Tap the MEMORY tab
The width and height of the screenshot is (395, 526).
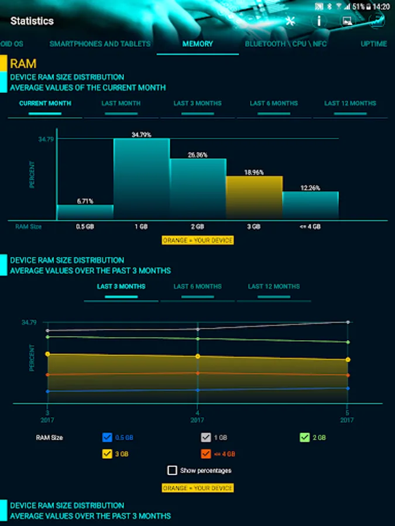[197, 44]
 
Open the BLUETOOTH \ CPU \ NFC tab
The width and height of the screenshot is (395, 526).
[286, 44]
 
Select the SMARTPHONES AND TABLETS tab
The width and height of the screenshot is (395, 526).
[100, 44]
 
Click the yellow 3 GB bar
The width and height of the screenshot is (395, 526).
[254, 198]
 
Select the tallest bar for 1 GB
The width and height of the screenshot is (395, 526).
[141, 179]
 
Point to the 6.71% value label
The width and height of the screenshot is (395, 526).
[85, 201]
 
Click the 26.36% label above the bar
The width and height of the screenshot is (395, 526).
[198, 155]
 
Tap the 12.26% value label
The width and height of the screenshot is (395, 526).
[310, 188]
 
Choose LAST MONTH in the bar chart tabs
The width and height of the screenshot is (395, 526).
[121, 103]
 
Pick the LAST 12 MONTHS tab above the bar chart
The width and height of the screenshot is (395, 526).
[350, 103]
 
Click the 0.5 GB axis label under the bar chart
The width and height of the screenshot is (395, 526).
[85, 226]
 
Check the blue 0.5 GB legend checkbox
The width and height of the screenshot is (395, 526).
[107, 437]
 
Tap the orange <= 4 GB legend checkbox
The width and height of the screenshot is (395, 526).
[205, 454]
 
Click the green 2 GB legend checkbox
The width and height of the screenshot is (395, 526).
[304, 437]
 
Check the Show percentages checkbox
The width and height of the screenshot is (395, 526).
[172, 470]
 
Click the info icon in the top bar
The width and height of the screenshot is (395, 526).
[319, 21]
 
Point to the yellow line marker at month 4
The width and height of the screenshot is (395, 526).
[198, 356]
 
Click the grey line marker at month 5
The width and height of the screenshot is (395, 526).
[348, 322]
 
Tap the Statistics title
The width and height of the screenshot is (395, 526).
[32, 21]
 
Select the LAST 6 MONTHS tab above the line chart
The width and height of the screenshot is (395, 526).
[197, 286]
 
